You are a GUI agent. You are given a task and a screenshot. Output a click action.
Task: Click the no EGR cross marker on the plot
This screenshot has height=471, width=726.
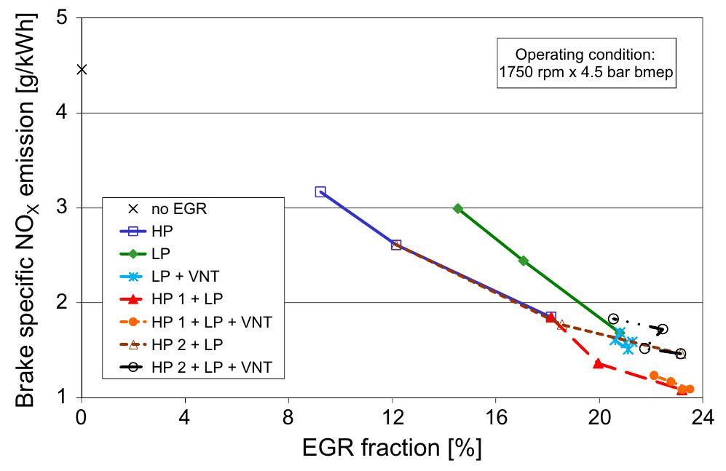tap(82, 70)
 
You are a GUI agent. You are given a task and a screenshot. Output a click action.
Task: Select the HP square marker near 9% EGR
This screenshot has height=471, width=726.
tap(320, 191)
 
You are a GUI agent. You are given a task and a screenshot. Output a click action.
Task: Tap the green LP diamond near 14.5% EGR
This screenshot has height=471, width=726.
tap(458, 209)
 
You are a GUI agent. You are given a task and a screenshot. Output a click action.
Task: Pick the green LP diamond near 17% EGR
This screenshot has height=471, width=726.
tap(524, 261)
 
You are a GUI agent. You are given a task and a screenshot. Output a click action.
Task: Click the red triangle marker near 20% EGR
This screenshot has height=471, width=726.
tap(599, 364)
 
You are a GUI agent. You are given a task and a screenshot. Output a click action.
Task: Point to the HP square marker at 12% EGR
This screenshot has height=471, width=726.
tap(396, 245)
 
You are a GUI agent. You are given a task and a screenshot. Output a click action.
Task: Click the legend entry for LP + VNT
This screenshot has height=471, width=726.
tap(170, 276)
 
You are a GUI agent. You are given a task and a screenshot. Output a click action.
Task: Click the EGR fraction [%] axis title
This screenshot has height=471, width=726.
tap(392, 448)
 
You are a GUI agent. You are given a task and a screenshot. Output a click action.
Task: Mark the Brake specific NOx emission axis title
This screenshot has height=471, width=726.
tap(26, 210)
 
